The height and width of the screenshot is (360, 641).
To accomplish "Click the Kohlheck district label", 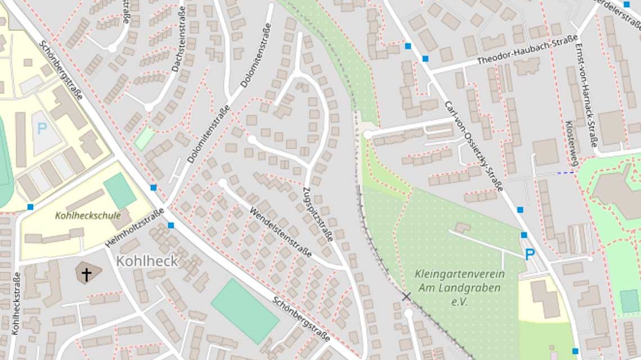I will (147, 261).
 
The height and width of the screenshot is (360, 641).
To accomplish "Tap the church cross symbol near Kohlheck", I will (87, 274).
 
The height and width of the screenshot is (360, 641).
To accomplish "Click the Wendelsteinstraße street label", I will (281, 231).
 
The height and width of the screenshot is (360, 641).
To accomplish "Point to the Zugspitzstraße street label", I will (318, 213).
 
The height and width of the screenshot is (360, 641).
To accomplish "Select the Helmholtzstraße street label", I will (135, 227).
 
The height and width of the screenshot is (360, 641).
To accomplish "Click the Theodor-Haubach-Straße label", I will (527, 51).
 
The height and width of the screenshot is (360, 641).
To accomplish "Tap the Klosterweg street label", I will (572, 144).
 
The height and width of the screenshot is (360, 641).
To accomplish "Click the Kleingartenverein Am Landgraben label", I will (459, 287).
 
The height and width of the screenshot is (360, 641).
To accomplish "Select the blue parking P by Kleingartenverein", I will (530, 255).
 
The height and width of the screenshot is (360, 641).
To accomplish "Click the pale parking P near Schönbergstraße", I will (42, 128).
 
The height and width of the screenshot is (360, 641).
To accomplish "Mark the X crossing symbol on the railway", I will (407, 296).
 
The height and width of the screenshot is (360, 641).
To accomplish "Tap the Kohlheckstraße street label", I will (16, 303).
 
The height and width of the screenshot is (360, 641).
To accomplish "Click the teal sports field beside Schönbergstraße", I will (245, 310).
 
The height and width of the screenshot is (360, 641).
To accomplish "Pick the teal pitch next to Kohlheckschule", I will (120, 191).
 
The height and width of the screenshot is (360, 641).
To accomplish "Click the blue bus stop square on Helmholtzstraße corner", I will (171, 226).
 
